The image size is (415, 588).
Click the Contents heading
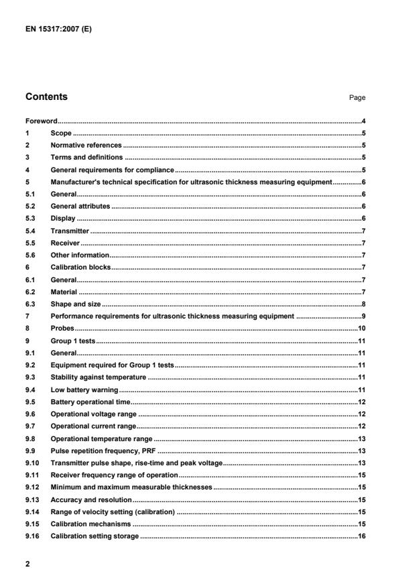tap(46, 97)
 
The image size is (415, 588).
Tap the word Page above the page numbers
tap(357, 98)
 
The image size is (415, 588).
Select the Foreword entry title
tap(41, 121)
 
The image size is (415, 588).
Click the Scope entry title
tap(61, 133)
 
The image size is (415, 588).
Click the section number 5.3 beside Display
tap(30, 219)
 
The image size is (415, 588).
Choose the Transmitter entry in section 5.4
tap(70, 231)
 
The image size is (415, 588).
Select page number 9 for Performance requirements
tap(362, 316)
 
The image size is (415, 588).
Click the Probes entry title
tap(62, 329)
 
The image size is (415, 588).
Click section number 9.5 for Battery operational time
tap(30, 402)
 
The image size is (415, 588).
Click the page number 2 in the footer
tap(27, 565)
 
